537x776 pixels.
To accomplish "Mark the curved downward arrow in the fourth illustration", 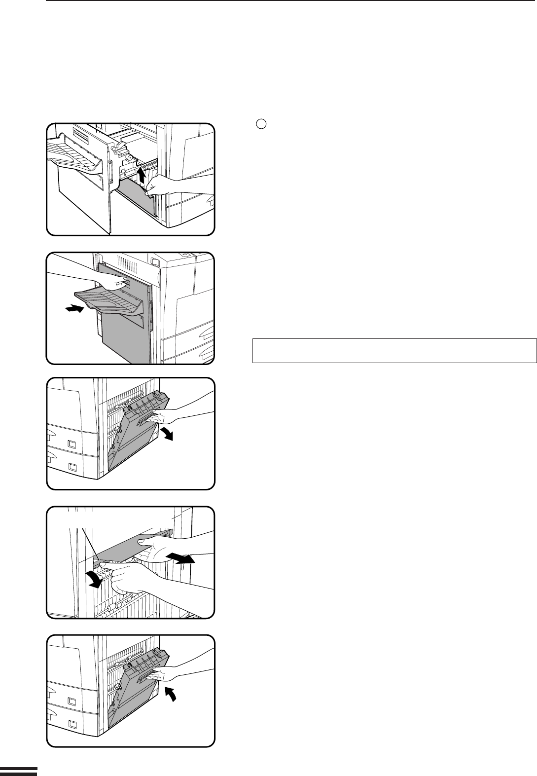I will (x=95, y=580).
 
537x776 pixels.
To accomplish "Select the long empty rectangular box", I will (x=394, y=351).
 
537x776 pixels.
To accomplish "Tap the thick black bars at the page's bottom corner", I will (x=18, y=771).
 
